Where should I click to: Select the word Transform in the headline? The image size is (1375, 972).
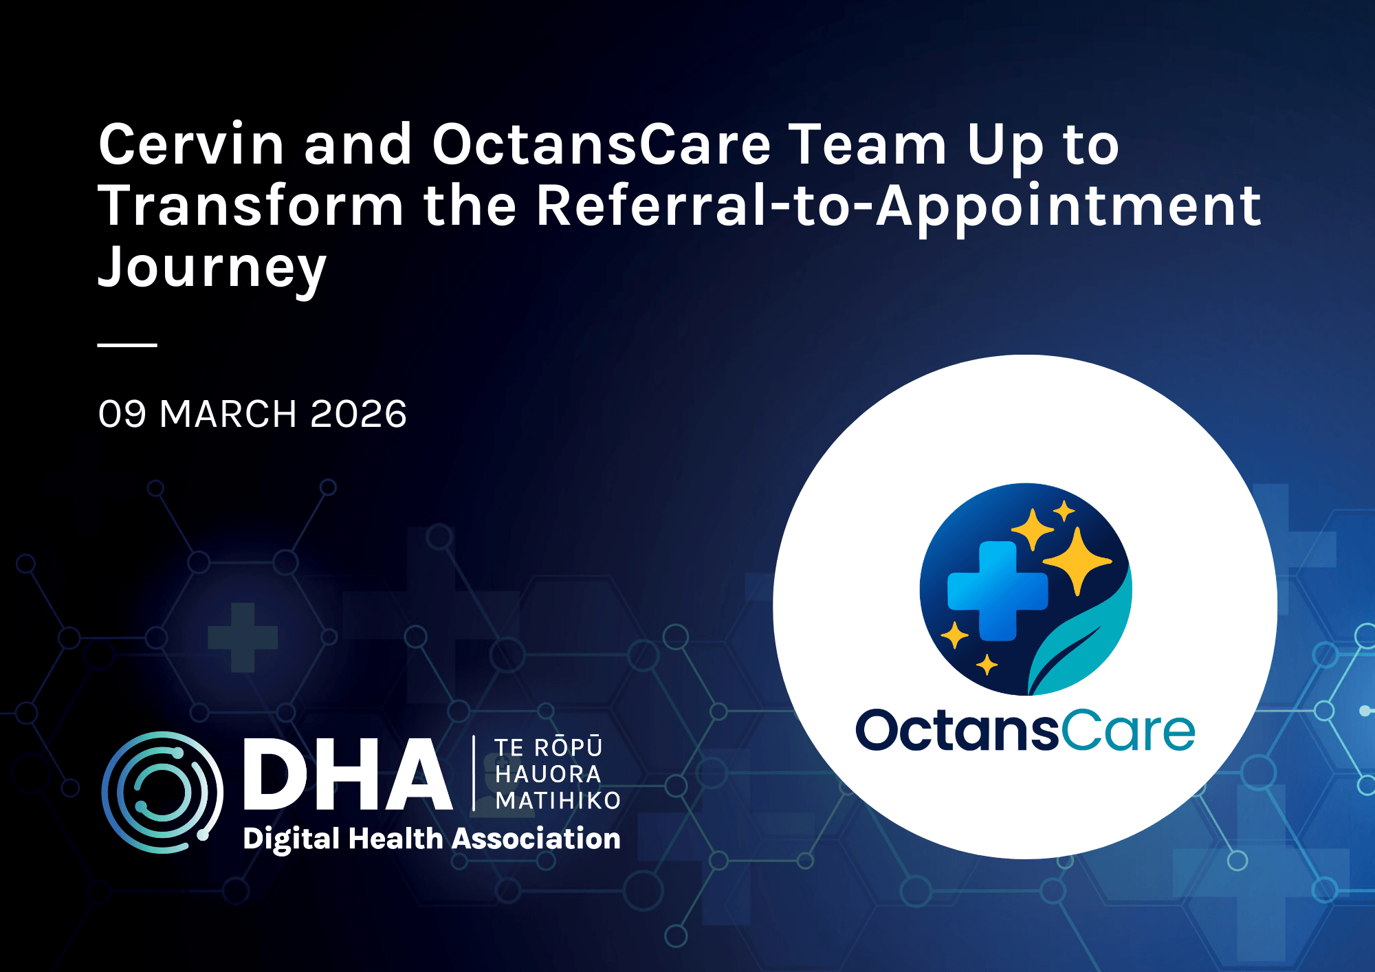pos(251,206)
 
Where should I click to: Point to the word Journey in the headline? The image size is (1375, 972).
pos(212,268)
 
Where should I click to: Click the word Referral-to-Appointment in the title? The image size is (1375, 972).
pos(898,206)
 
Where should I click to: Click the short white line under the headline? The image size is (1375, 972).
pos(127,345)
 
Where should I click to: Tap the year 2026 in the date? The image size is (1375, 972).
pos(358,414)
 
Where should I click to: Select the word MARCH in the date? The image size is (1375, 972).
pos(228,414)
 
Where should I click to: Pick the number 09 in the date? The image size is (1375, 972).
pos(122,414)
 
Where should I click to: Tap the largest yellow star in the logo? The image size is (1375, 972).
pos(1077,560)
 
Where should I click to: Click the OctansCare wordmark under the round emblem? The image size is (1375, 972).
pos(1024,730)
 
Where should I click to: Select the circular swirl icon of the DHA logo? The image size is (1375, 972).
pos(162,792)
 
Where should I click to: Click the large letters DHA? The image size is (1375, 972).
pos(347,775)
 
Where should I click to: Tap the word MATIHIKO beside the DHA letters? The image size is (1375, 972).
pos(558,801)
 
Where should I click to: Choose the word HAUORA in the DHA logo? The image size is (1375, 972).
pos(548,774)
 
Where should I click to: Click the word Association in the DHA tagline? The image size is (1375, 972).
pos(536,839)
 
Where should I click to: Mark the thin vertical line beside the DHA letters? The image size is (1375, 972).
pos(474,773)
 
